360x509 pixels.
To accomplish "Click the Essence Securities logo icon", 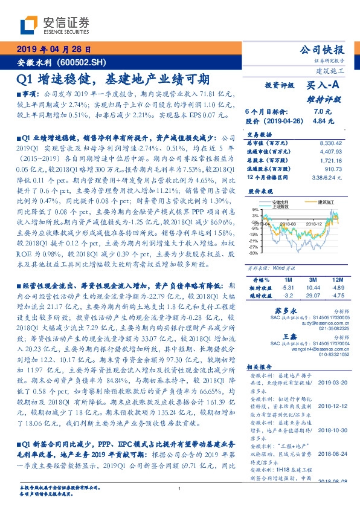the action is pyautogui.click(x=27, y=24).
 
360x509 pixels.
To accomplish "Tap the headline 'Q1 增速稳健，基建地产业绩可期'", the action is pyautogui.click(x=113, y=79).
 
